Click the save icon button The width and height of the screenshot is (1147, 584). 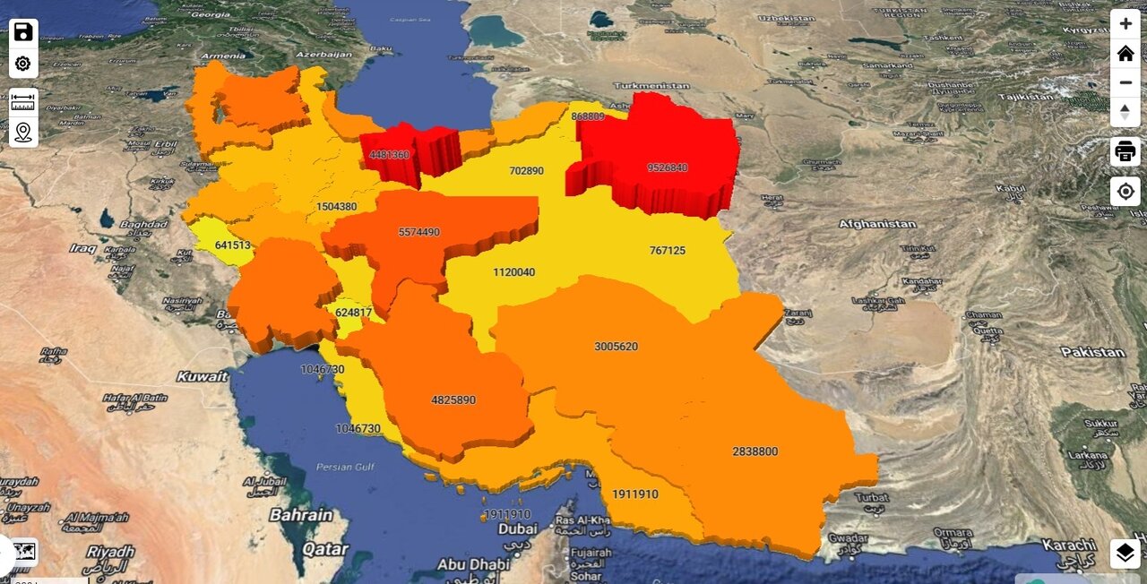23,33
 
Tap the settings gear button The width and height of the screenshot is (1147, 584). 23,64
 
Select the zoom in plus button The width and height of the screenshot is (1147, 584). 1125,24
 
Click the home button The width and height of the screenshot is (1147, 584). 1125,53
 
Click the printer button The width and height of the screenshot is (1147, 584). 1125,151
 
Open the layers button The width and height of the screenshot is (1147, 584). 1125,554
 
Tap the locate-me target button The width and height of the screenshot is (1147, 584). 1125,192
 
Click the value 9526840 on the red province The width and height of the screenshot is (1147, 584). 667,167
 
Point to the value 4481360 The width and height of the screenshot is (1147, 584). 389,155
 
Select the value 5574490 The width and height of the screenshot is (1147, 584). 418,232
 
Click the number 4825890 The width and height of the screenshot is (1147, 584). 453,400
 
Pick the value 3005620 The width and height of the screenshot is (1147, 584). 616,347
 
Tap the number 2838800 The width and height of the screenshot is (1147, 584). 755,451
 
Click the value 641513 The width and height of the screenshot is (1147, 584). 232,245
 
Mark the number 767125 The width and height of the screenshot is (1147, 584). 667,251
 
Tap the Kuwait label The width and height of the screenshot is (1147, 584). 202,376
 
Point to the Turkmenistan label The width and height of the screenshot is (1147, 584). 651,86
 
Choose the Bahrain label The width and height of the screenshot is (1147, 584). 301,515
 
